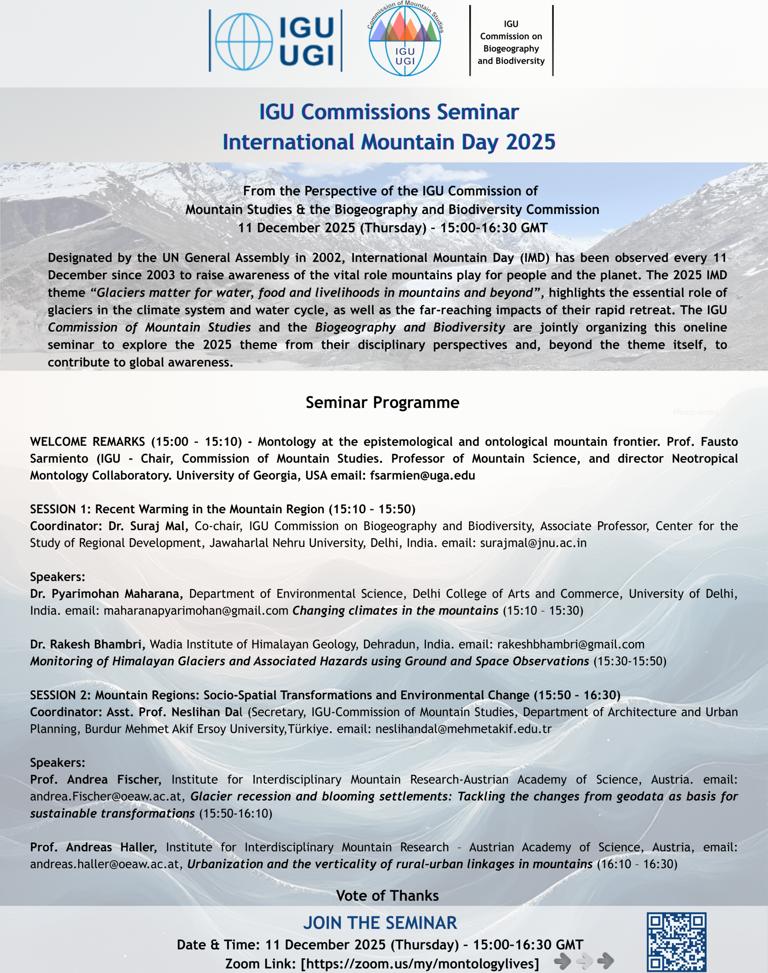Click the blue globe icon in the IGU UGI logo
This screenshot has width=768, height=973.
point(243,41)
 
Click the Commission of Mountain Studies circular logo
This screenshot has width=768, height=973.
point(405,40)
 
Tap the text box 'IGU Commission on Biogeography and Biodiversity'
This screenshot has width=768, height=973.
point(511,42)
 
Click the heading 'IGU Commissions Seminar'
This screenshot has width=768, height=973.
point(389,112)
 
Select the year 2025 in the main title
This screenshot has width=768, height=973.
point(530,142)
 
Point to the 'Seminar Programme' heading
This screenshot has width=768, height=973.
point(382,403)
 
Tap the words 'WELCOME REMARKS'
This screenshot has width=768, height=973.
point(87,442)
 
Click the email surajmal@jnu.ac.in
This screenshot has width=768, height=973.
point(533,543)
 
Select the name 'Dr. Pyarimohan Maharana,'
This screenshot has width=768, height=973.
point(106,594)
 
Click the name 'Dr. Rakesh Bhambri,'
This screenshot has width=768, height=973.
point(88,644)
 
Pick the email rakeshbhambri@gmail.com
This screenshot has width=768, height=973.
point(570,644)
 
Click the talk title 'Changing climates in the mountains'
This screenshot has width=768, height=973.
point(395,611)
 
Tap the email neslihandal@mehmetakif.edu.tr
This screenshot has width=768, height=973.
point(463,729)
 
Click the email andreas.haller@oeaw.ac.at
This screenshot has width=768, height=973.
point(105,864)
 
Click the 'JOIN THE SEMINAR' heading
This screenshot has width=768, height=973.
point(380,923)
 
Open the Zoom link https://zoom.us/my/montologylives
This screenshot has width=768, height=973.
point(420,964)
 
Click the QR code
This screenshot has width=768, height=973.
point(676,941)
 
